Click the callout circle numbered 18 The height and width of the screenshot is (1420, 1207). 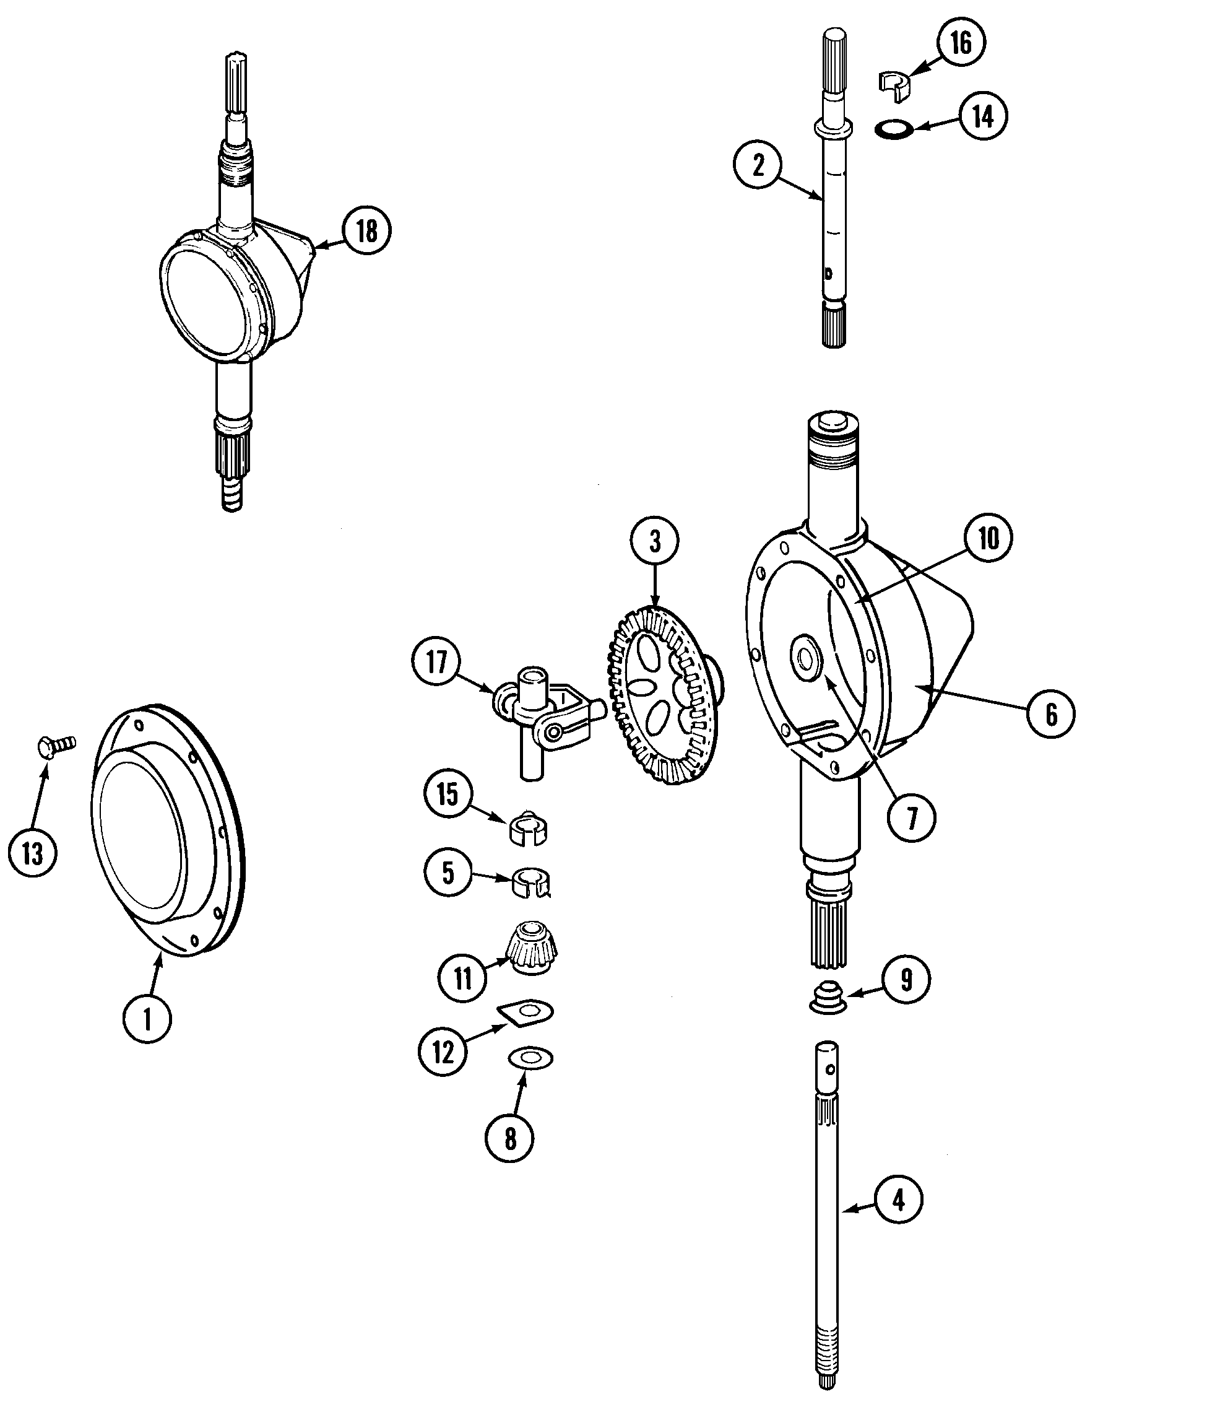[367, 231]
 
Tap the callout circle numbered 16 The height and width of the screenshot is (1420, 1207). [961, 43]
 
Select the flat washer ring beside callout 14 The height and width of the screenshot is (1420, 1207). [895, 128]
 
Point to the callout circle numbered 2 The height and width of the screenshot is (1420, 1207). [758, 165]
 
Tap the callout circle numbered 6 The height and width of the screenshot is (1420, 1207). [1051, 714]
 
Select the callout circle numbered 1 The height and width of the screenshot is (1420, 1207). [147, 1019]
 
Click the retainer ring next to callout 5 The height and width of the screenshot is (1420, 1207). [531, 883]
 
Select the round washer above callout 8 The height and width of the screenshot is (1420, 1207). [531, 1058]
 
